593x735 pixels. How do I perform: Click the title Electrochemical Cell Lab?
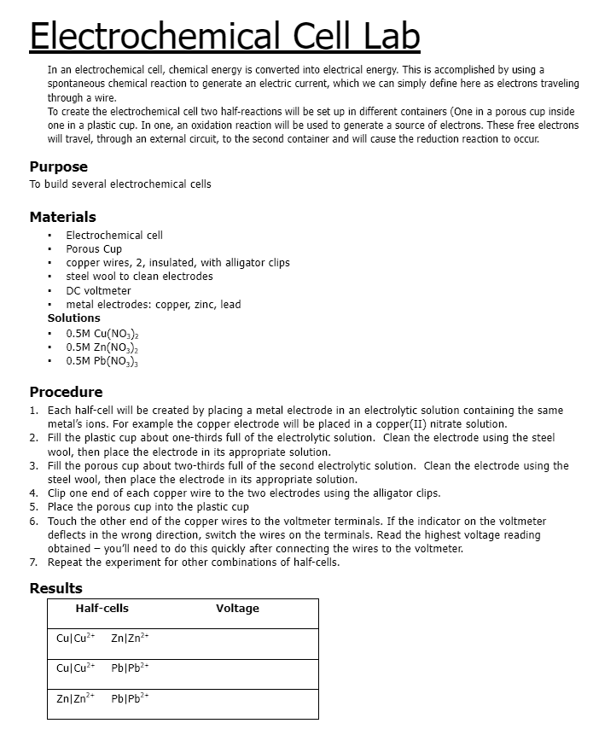224,36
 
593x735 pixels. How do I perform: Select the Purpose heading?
58,166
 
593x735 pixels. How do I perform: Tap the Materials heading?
62,217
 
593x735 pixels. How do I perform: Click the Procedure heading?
66,392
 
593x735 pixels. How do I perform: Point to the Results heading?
55,588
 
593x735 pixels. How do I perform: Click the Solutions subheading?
73,318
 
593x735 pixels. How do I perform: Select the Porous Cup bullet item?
94,249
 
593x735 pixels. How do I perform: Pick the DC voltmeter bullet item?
98,290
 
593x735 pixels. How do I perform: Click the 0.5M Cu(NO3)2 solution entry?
102,332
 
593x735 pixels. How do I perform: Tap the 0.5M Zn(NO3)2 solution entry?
102,347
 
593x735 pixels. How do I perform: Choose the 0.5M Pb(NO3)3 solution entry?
102,361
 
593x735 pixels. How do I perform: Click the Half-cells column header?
102,609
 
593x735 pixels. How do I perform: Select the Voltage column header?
237,609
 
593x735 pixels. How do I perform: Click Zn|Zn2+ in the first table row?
130,638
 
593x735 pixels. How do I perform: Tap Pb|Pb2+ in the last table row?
130,698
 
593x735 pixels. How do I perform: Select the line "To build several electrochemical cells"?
120,184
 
